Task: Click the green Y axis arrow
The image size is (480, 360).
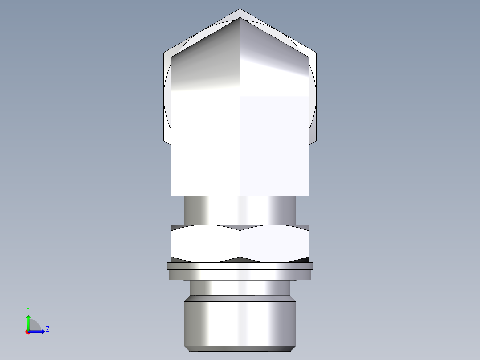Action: [28, 321]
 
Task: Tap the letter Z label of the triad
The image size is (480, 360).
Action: [47, 329]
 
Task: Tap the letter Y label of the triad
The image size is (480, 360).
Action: [28, 309]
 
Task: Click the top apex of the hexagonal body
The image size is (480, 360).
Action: [240, 10]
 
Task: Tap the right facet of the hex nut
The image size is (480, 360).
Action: [274, 243]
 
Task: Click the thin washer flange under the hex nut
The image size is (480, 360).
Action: [240, 266]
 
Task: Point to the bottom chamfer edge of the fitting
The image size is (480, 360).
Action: [240, 348]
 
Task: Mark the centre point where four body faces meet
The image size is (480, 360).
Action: [240, 96]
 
